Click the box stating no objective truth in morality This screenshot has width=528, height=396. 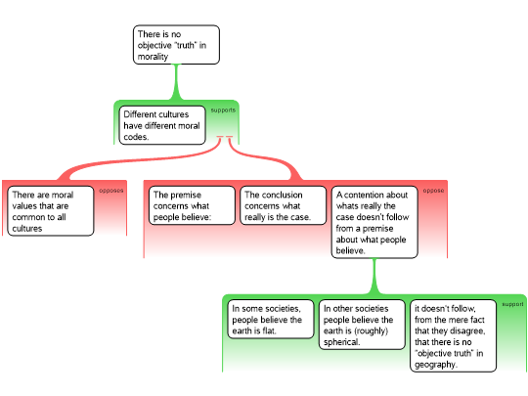point(176,44)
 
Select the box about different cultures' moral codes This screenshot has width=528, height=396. point(162,125)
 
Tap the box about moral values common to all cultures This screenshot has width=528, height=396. point(51,211)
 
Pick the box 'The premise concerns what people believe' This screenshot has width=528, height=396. point(192,205)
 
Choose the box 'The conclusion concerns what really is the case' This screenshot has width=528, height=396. point(284,205)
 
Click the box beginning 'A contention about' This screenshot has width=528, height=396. point(374,222)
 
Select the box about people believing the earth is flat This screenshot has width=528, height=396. point(271,319)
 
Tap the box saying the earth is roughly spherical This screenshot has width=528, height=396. point(362,325)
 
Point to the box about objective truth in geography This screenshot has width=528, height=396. point(454,335)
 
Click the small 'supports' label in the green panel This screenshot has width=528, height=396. point(223,110)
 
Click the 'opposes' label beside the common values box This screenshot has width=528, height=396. point(111,191)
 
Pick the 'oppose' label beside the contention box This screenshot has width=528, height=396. point(433,191)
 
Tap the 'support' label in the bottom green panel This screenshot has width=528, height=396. point(512,304)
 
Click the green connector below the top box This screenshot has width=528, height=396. point(176,82)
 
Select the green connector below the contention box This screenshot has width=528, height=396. point(374,276)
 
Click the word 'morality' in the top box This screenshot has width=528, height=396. point(153,57)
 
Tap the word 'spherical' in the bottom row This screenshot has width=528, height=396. point(341,342)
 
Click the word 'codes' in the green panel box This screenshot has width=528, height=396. point(136,137)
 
